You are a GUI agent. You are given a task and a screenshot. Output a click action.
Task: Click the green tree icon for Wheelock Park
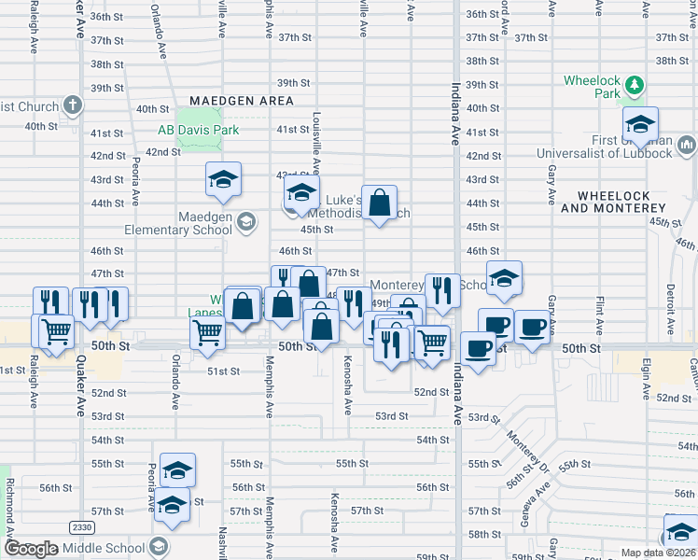(635, 87)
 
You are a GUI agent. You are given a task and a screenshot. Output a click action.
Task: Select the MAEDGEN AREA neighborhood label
(241, 101)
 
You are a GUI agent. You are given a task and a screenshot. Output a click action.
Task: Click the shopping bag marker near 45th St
(380, 203)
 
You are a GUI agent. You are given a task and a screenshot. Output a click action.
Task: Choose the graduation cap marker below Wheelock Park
(640, 124)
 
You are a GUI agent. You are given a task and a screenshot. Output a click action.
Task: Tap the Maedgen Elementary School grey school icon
(245, 222)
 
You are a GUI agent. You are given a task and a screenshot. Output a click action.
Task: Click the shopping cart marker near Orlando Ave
(206, 331)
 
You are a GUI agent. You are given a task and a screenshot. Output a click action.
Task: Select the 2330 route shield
(81, 527)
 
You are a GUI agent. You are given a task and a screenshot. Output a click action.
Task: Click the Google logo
(32, 549)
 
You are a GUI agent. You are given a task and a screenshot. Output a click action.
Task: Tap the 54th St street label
(432, 440)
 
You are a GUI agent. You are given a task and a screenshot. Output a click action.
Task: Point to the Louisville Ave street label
(316, 144)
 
